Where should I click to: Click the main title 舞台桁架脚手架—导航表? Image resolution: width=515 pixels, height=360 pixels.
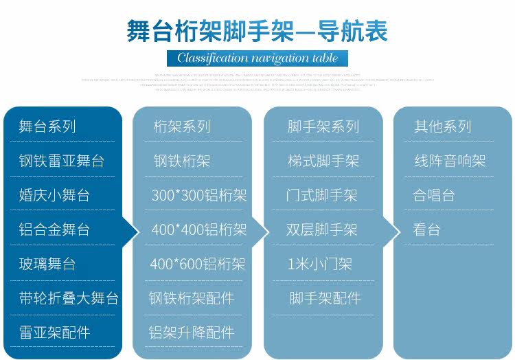(257, 32)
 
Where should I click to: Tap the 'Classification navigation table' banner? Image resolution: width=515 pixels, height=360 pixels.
(257, 58)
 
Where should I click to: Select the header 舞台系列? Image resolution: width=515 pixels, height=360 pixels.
(47, 126)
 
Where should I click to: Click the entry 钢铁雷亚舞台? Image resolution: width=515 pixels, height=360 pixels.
(62, 161)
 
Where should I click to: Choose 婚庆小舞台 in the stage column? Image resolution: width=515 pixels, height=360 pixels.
(54, 195)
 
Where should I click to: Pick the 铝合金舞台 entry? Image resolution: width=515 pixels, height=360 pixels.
(54, 229)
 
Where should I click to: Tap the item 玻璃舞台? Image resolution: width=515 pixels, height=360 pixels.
(47, 264)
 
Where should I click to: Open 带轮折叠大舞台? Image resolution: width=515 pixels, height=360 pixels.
(69, 298)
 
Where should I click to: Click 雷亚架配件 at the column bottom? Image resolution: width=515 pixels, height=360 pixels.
(54, 333)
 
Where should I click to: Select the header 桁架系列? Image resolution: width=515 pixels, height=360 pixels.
(182, 126)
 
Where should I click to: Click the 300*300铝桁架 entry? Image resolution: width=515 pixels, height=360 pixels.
(198, 195)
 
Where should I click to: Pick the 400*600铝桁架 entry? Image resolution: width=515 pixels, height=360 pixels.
(198, 264)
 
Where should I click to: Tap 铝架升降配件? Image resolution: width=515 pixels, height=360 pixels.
(192, 333)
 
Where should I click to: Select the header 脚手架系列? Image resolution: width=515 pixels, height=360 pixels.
(323, 126)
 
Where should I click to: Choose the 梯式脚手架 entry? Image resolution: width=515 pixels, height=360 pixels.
(323, 161)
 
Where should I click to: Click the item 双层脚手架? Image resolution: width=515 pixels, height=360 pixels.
(322, 229)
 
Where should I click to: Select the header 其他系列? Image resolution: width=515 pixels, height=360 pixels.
(443, 126)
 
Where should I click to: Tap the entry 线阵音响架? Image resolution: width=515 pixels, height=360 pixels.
(450, 161)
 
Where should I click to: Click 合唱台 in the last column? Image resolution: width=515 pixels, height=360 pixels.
(434, 195)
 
